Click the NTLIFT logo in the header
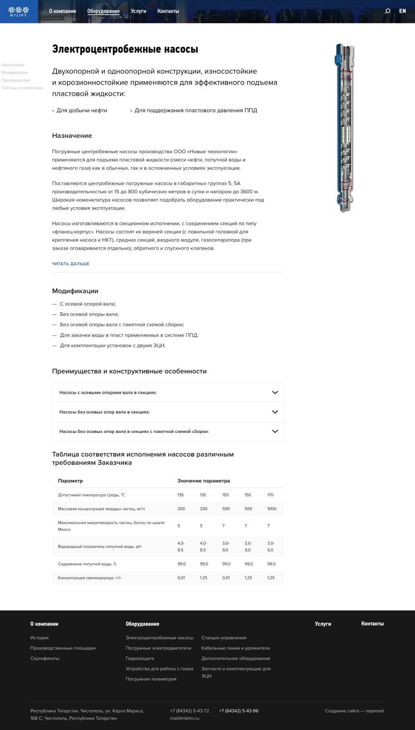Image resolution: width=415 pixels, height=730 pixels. [18, 11]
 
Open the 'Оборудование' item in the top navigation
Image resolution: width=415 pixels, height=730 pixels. [103, 11]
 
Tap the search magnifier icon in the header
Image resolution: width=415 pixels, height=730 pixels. [387, 11]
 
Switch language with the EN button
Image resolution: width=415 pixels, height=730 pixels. [402, 11]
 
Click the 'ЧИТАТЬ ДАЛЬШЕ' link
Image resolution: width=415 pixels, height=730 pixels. [71, 264]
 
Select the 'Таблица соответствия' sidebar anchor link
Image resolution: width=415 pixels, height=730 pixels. [22, 88]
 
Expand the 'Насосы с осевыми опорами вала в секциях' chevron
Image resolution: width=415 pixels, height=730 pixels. [275, 393]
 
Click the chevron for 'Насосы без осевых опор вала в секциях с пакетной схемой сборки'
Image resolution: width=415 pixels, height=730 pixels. [275, 431]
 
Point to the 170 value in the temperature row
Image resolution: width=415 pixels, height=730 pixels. [270, 495]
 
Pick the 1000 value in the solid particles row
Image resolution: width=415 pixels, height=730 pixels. [271, 509]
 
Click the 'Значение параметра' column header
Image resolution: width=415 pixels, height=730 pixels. [203, 481]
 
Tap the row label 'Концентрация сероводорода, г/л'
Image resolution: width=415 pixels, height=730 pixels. [89, 578]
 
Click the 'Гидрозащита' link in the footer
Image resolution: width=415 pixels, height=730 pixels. [140, 659]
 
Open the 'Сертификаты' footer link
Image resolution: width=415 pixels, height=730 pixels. [45, 659]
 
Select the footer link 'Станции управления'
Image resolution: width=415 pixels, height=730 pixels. [224, 638]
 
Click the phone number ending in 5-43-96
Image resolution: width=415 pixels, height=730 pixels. [238, 711]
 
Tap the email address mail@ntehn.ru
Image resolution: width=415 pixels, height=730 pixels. [185, 718]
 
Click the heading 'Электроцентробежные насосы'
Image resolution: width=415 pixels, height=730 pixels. [125, 49]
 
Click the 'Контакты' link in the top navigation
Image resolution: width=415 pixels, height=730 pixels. [168, 11]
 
